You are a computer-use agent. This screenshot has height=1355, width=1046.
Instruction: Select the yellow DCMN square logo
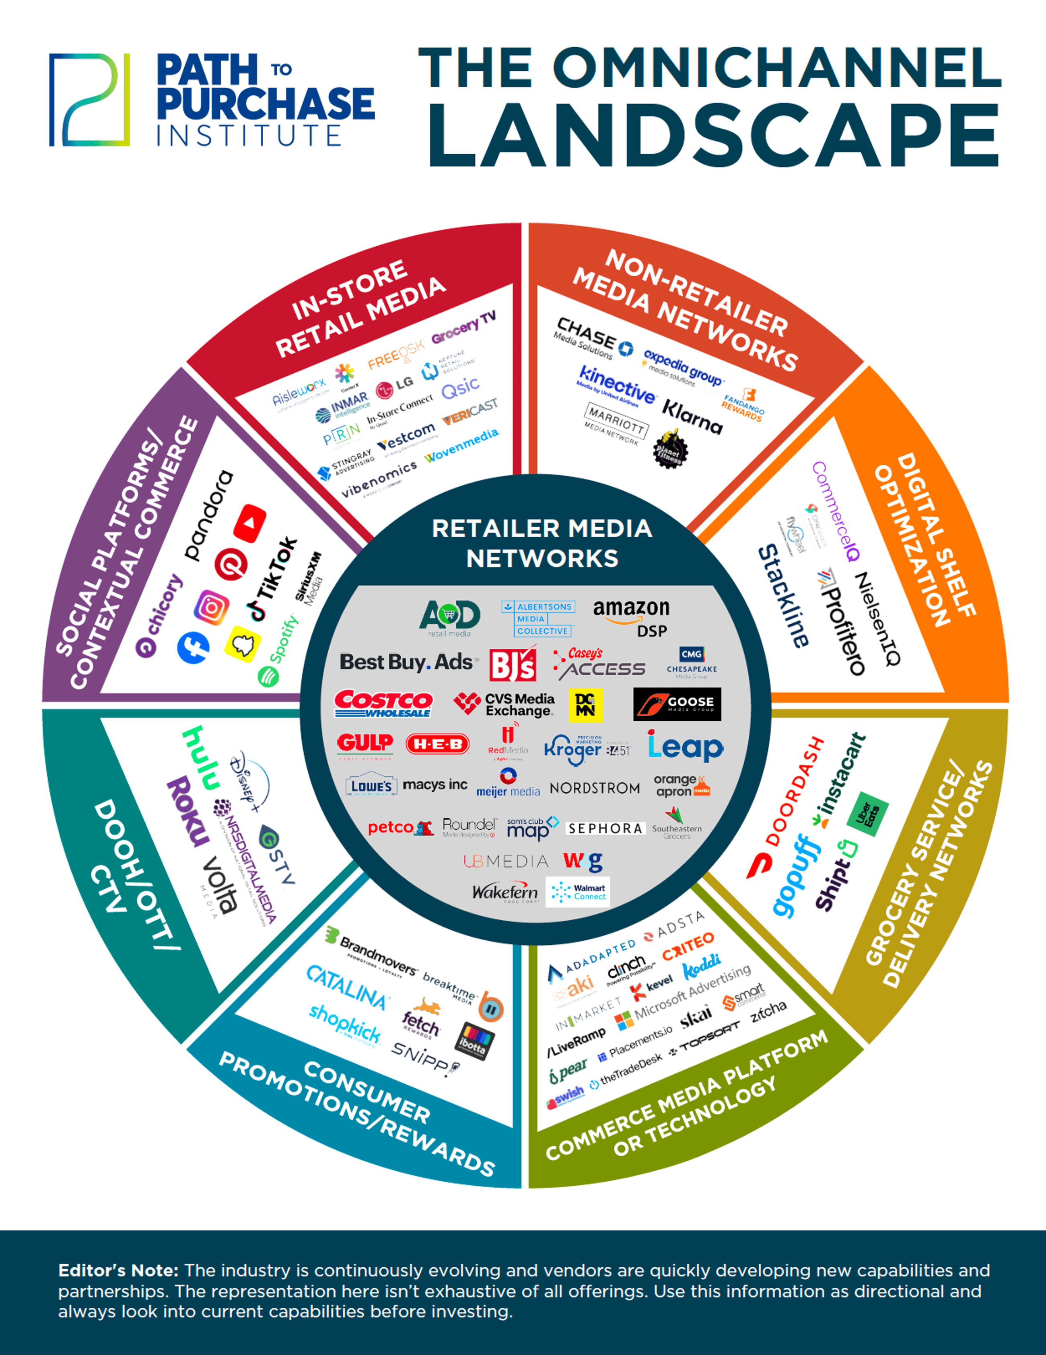click(x=585, y=705)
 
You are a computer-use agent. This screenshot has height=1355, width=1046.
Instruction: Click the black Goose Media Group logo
click(x=677, y=704)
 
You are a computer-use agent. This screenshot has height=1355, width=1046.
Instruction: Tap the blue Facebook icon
click(x=193, y=648)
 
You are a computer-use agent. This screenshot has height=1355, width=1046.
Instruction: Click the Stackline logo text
click(x=783, y=596)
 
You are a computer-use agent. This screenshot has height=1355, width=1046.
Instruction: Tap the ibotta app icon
click(x=475, y=1041)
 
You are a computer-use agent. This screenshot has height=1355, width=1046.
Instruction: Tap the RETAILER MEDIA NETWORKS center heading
click(x=542, y=543)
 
